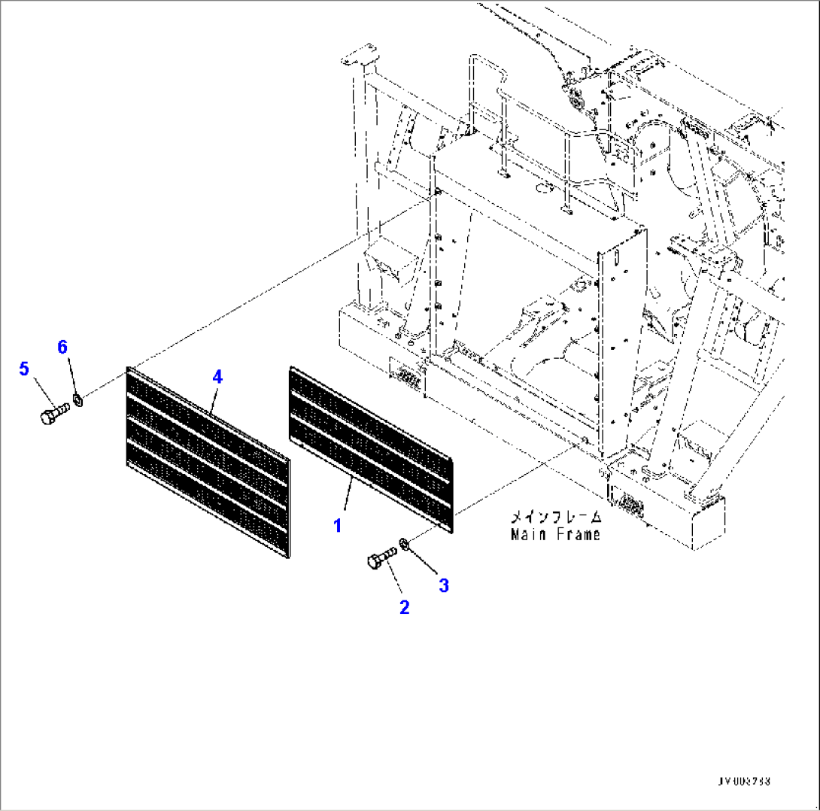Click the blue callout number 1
coord(338,526)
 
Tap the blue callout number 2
coord(404,607)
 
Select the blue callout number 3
coord(444,585)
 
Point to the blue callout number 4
coord(217,377)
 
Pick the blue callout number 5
coord(24,369)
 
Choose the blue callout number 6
coord(62,347)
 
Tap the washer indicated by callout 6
coord(79,397)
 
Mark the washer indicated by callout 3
coord(405,542)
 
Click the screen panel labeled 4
coord(207,463)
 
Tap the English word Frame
coord(578,535)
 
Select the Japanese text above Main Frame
coord(556,518)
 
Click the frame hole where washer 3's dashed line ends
coord(585,441)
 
